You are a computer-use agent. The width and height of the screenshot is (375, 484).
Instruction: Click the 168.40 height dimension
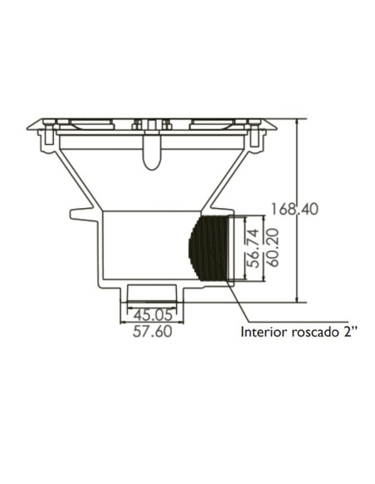[294, 210]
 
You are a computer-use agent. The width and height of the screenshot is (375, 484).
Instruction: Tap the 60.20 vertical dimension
[268, 246]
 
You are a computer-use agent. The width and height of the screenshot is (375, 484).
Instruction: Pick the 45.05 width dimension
[153, 313]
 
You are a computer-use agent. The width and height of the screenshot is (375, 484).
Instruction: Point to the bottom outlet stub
[153, 293]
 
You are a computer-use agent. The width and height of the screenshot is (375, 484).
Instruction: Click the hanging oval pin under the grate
[150, 155]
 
